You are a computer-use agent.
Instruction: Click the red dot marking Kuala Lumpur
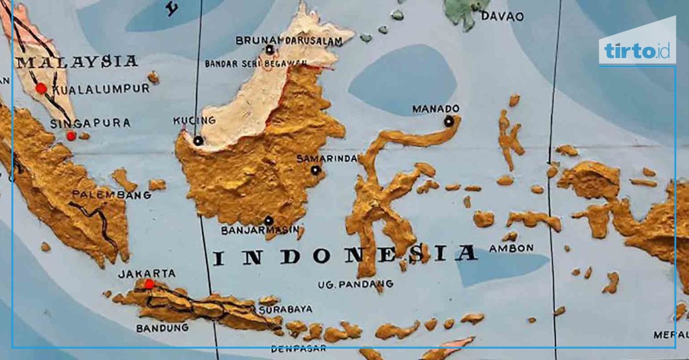tap(41, 88)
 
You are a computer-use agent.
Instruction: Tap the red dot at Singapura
tap(71, 136)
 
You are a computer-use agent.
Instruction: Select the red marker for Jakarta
tap(149, 284)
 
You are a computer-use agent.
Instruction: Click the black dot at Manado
tap(449, 121)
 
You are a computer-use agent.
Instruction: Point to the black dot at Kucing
tap(198, 141)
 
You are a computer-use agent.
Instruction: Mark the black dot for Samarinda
tap(315, 170)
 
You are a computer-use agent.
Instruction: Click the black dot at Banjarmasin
tap(268, 220)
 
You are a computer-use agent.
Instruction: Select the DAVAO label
tap(499, 16)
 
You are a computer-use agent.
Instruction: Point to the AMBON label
tap(511, 248)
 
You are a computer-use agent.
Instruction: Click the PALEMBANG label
tap(112, 195)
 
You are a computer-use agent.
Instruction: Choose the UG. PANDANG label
tap(347, 285)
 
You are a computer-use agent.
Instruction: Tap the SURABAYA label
tap(286, 309)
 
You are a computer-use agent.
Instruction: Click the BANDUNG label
tap(162, 328)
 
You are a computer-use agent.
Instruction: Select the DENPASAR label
tap(298, 349)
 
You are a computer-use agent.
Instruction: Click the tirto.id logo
tap(637, 50)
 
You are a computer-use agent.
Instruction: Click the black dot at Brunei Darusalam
tap(270, 49)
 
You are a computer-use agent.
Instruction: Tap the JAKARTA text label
tap(147, 273)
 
